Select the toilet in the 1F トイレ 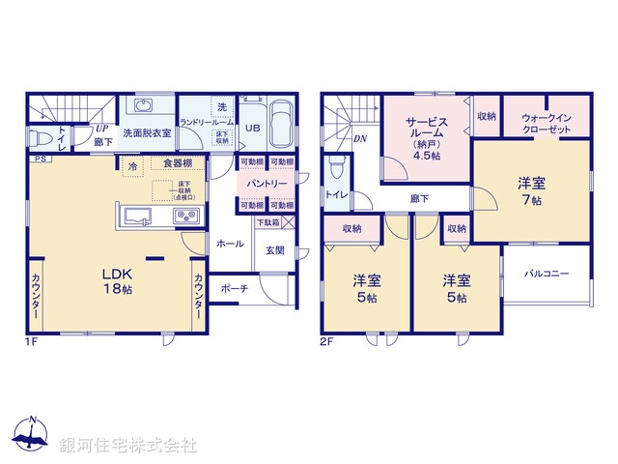(x=42, y=136)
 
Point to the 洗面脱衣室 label (x=147, y=132)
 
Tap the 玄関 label (x=274, y=250)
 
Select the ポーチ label (x=234, y=288)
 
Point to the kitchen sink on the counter (x=136, y=215)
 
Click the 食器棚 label (x=177, y=162)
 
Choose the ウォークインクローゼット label (x=547, y=121)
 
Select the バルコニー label (x=547, y=274)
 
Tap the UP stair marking (x=100, y=127)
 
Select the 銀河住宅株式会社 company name (x=127, y=446)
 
